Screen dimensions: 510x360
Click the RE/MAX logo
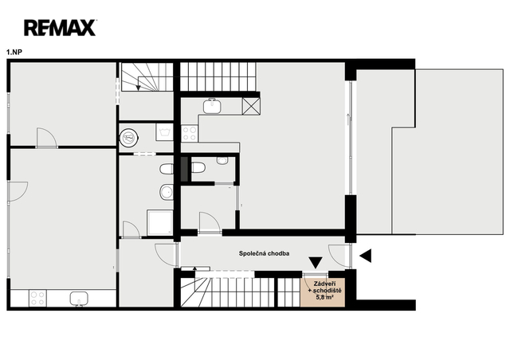coord(60,28)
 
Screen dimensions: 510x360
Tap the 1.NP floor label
coord(14,52)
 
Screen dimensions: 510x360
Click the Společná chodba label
coord(264,253)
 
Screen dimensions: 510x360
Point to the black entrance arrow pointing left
coord(366,256)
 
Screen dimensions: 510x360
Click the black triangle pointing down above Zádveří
coord(316,263)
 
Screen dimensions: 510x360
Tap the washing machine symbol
coord(164,131)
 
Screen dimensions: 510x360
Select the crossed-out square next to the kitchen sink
coord(251,106)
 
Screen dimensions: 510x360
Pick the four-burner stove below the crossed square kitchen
coord(190,133)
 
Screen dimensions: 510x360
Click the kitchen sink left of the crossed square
coord(213,106)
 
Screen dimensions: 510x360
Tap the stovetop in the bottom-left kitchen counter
coord(37,299)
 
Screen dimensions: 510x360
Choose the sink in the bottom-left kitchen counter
coord(79,299)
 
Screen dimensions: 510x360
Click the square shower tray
coord(159,223)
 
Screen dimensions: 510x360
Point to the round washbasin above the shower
coord(167,192)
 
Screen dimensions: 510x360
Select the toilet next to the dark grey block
coord(198,167)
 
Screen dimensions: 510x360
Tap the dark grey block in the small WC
coord(184,169)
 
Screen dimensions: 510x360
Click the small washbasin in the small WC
coord(222,160)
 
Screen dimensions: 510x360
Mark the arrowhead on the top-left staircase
coord(138,88)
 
